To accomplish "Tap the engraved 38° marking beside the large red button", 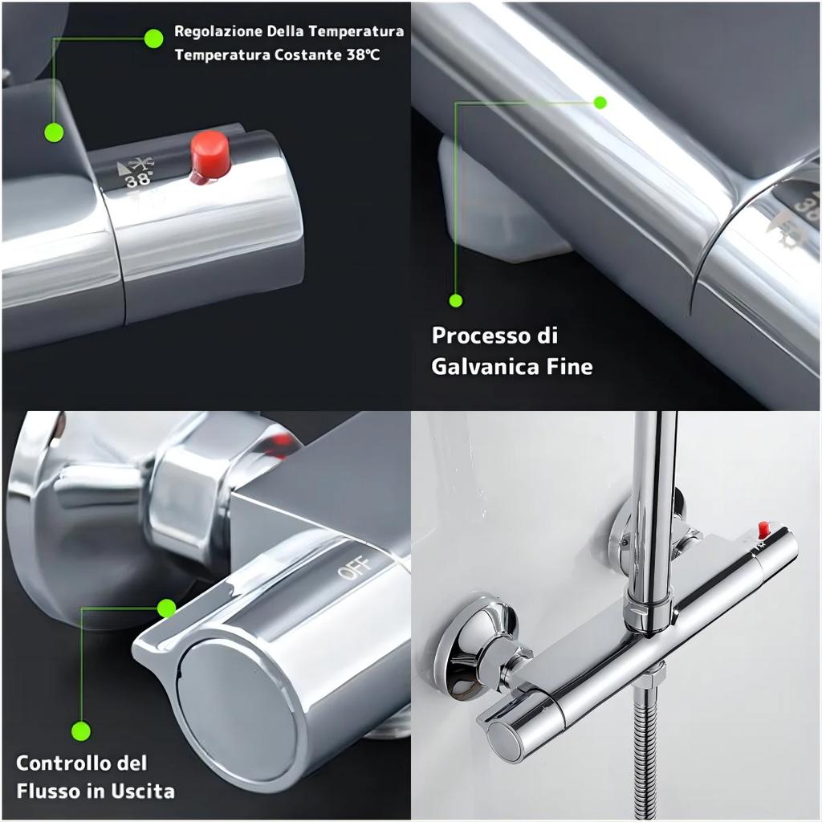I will click(x=137, y=179).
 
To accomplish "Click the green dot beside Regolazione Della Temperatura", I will click(x=153, y=38).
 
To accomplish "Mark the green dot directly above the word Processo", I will click(x=456, y=301).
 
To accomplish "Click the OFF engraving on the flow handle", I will click(x=354, y=568).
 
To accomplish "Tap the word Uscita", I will click(x=142, y=791).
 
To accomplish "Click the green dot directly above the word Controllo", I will click(x=81, y=730).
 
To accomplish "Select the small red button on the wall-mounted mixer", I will click(x=763, y=528).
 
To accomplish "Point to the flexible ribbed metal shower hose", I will click(x=648, y=755).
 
